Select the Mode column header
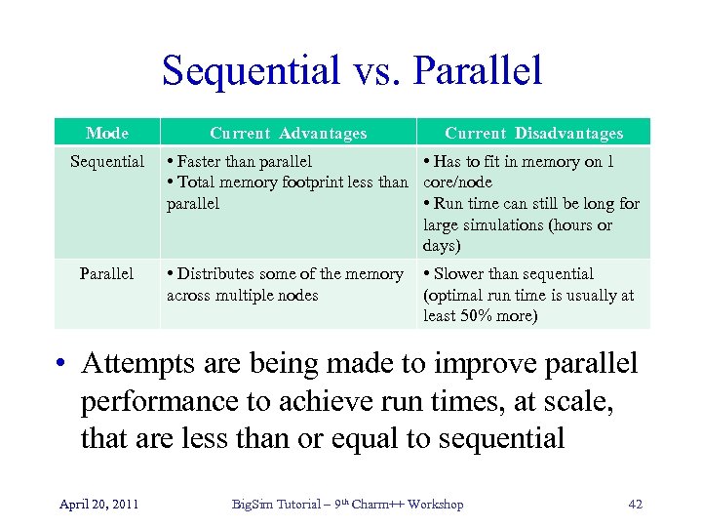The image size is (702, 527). click(106, 133)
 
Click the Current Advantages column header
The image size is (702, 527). click(289, 133)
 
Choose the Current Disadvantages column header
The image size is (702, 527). click(533, 133)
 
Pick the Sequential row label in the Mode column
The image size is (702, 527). click(106, 161)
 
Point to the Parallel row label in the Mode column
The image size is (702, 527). click(106, 273)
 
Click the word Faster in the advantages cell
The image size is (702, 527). click(201, 161)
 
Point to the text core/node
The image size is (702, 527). click(457, 182)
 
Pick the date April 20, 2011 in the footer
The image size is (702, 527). click(97, 504)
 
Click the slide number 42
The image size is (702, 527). click(635, 504)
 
